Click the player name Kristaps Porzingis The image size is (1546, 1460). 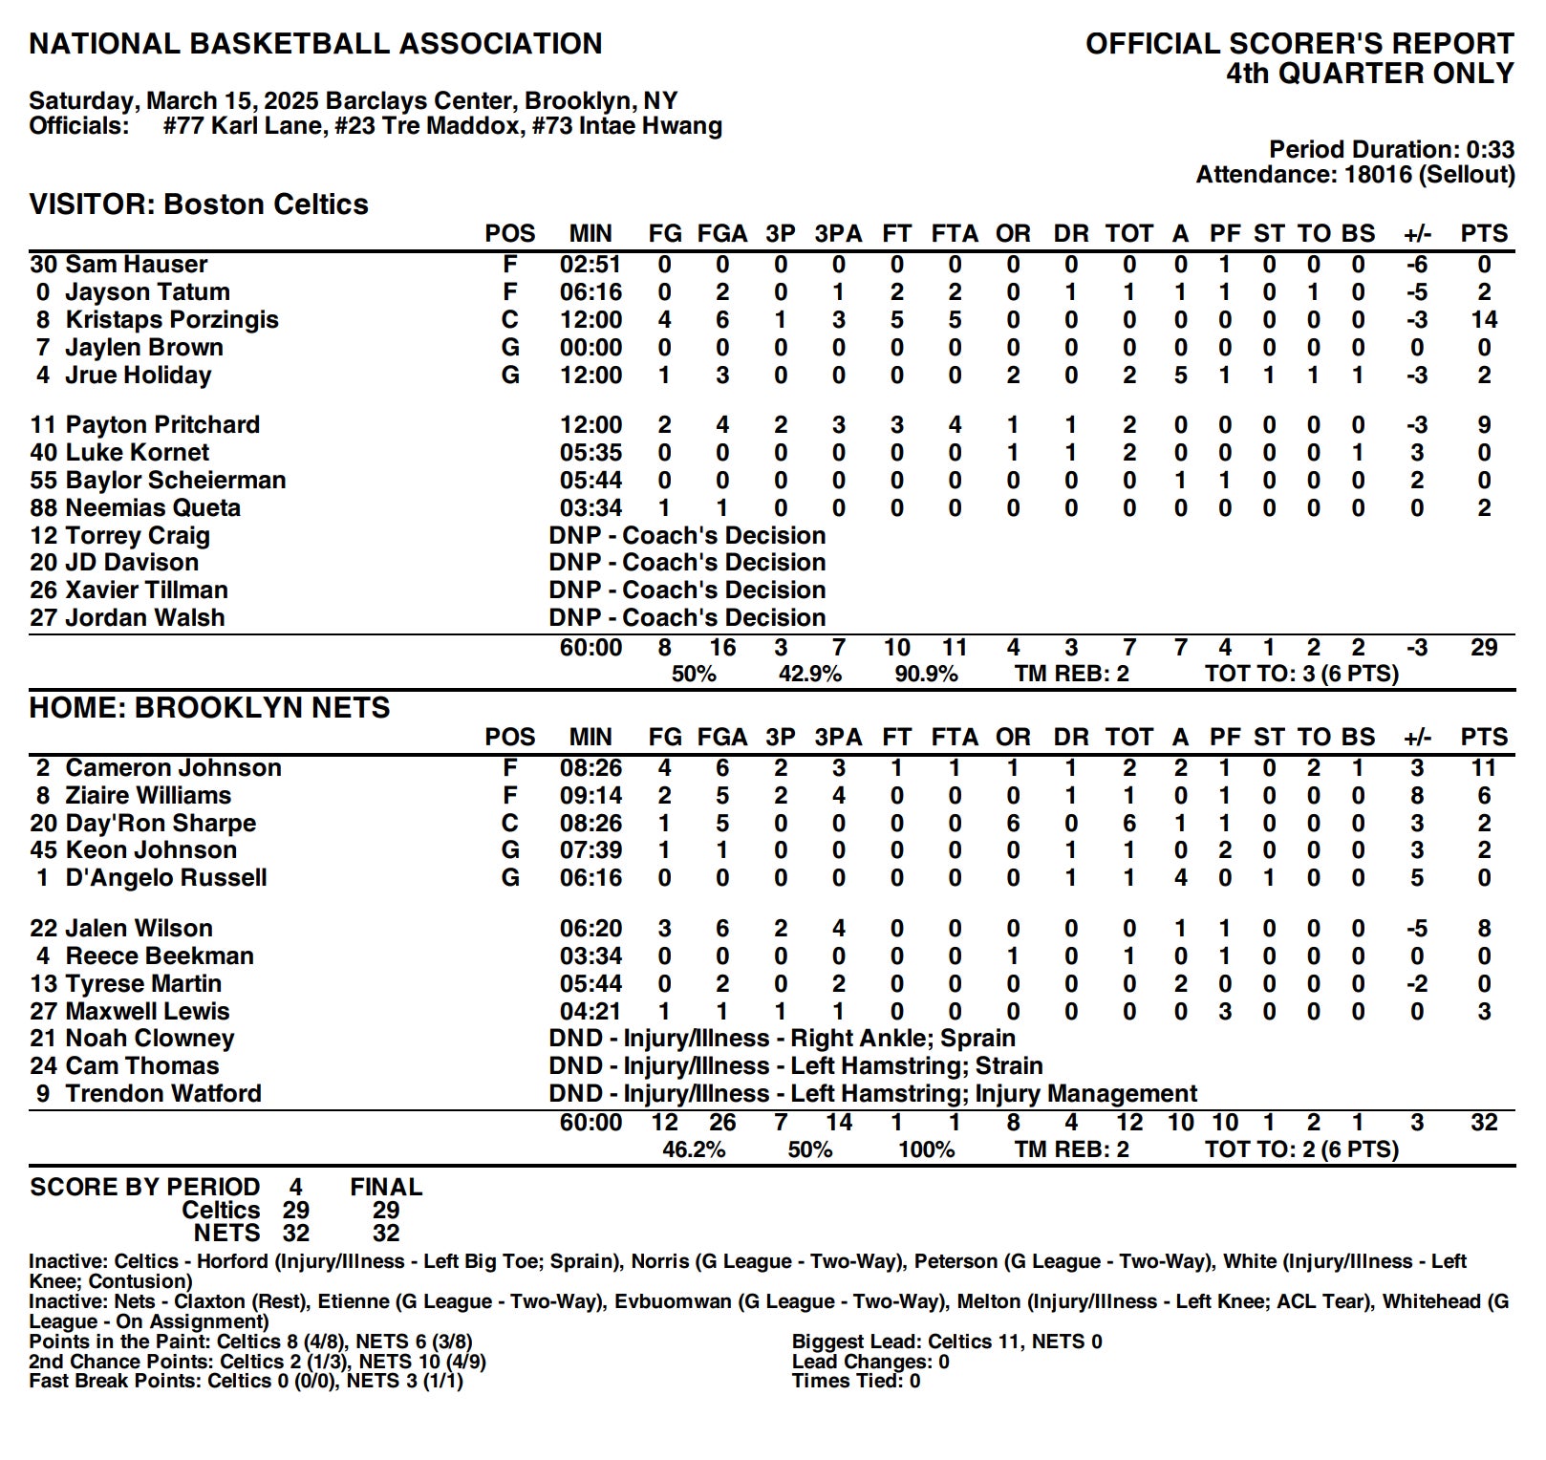click(172, 319)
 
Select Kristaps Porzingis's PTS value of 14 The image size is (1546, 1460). click(1483, 319)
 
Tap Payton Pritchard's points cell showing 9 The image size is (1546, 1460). click(1483, 424)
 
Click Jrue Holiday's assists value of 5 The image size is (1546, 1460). click(1181, 375)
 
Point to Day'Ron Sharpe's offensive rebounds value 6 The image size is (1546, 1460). click(1013, 823)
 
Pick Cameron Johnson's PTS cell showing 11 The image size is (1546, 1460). click(1483, 767)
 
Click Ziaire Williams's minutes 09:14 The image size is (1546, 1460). click(590, 795)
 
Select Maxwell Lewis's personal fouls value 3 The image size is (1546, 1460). click(1225, 1011)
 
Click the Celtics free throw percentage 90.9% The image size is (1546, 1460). click(926, 674)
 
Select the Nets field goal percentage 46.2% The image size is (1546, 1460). click(694, 1149)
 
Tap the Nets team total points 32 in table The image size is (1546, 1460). click(1483, 1123)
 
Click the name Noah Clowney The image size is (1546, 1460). click(150, 1038)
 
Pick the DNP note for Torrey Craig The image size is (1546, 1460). click(687, 535)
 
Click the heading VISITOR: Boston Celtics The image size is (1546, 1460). click(199, 204)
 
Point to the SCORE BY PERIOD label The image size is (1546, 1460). click(144, 1187)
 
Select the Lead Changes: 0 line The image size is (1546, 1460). click(870, 1361)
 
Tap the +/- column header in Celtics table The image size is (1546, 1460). click(1417, 233)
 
